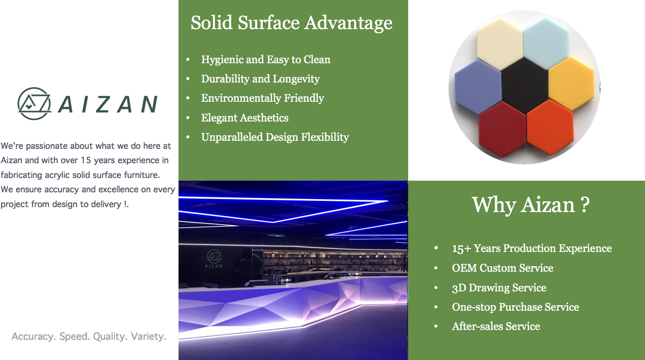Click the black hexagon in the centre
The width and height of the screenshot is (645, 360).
tap(525, 86)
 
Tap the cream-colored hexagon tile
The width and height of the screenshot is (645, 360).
tap(500, 44)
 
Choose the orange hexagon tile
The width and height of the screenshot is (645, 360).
tap(550, 126)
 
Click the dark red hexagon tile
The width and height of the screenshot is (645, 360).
tap(503, 129)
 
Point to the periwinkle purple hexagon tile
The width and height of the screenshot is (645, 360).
tap(478, 87)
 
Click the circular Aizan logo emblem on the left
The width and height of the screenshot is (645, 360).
tap(34, 104)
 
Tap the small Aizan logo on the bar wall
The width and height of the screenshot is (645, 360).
tap(214, 259)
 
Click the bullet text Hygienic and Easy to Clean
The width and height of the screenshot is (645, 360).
tap(266, 60)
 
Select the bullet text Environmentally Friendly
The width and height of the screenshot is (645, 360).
tap(262, 98)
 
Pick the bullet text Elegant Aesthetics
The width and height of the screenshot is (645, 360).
tap(245, 118)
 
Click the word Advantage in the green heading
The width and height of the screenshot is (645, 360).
tap(349, 23)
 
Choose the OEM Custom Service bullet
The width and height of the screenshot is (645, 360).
tap(502, 268)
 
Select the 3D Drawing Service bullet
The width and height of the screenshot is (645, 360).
tap(499, 288)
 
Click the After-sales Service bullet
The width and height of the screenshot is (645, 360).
tap(496, 326)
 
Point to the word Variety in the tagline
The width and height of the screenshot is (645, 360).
tap(148, 336)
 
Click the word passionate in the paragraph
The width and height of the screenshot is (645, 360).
tap(47, 146)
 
